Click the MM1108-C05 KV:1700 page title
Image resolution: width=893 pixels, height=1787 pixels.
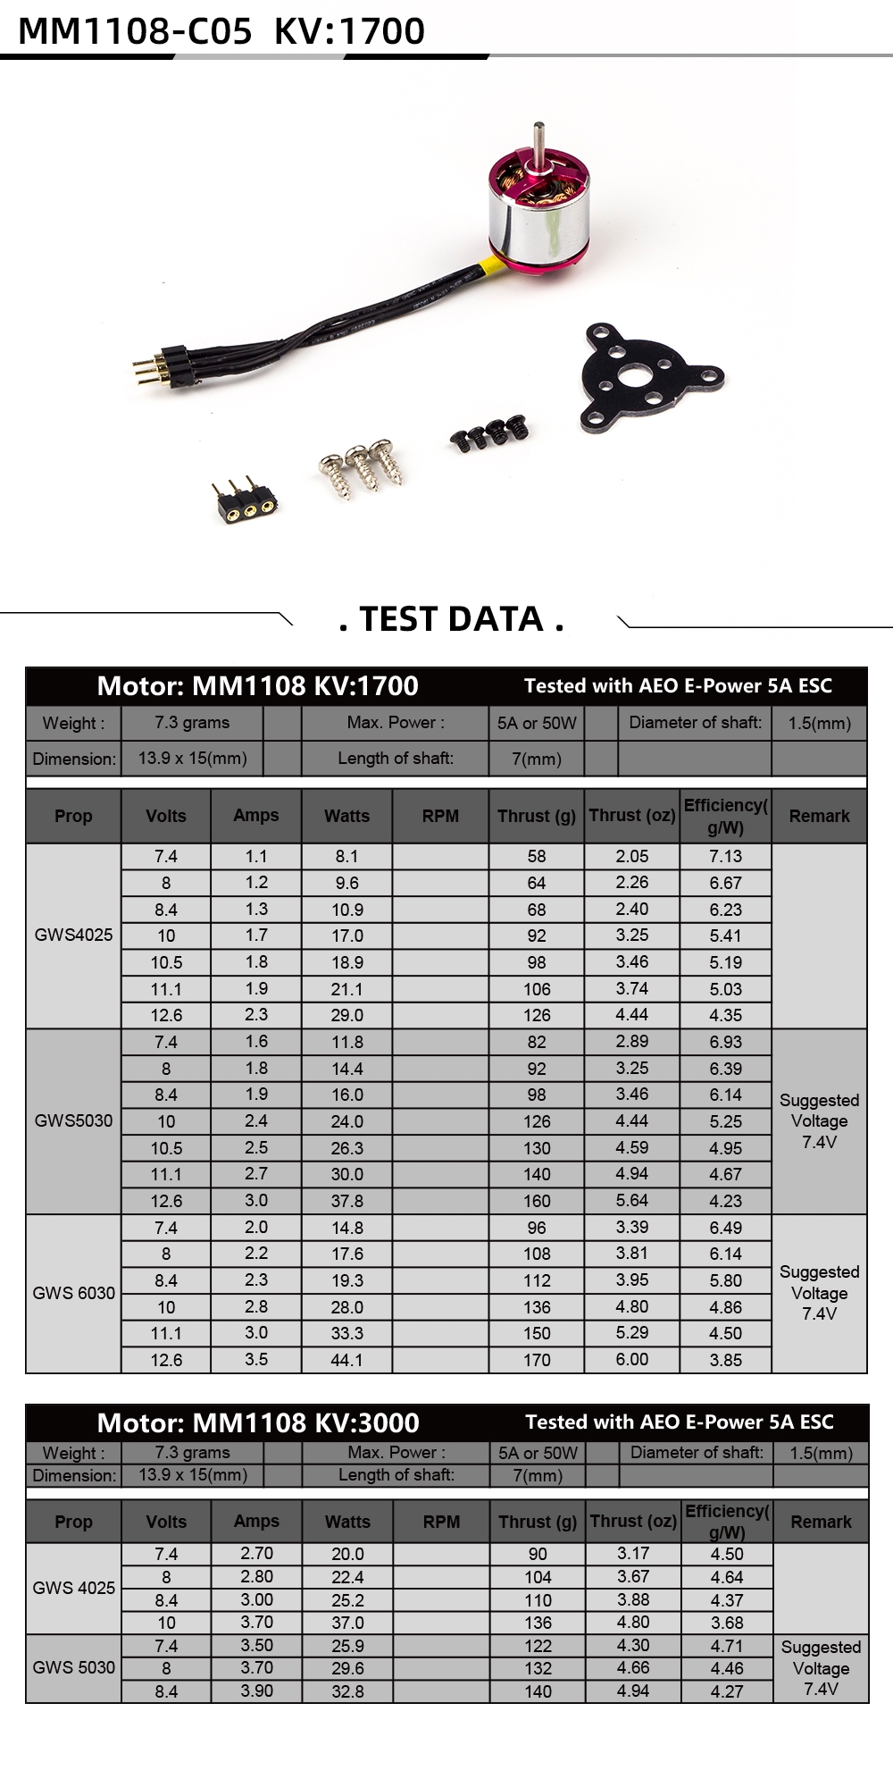tap(221, 30)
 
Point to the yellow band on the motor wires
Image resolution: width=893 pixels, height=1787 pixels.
tap(488, 265)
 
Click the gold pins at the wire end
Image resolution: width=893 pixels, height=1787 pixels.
tap(144, 367)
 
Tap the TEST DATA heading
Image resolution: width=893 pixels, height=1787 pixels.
tap(452, 618)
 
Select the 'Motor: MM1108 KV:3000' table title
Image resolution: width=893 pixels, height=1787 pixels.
tap(257, 1422)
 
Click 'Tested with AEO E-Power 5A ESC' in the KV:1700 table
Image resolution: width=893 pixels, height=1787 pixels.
tap(678, 686)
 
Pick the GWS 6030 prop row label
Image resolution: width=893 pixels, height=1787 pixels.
tap(74, 1293)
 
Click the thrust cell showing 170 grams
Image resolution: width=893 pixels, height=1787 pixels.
tap(537, 1360)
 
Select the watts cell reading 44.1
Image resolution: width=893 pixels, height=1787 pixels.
tap(347, 1360)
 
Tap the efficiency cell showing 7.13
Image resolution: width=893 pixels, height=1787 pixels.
tap(725, 856)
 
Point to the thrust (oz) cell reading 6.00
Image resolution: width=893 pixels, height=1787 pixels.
tap(632, 1359)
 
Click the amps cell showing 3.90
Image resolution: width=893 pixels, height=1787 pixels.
tap(256, 1691)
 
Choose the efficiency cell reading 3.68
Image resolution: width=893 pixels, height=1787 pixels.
tap(727, 1623)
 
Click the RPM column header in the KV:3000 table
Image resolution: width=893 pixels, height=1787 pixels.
tap(441, 1522)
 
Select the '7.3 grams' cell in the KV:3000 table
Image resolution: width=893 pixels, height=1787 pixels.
tap(192, 1453)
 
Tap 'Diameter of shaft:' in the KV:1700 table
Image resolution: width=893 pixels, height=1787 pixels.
tap(695, 723)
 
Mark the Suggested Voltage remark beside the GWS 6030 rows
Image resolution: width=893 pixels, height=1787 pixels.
tap(819, 1293)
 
